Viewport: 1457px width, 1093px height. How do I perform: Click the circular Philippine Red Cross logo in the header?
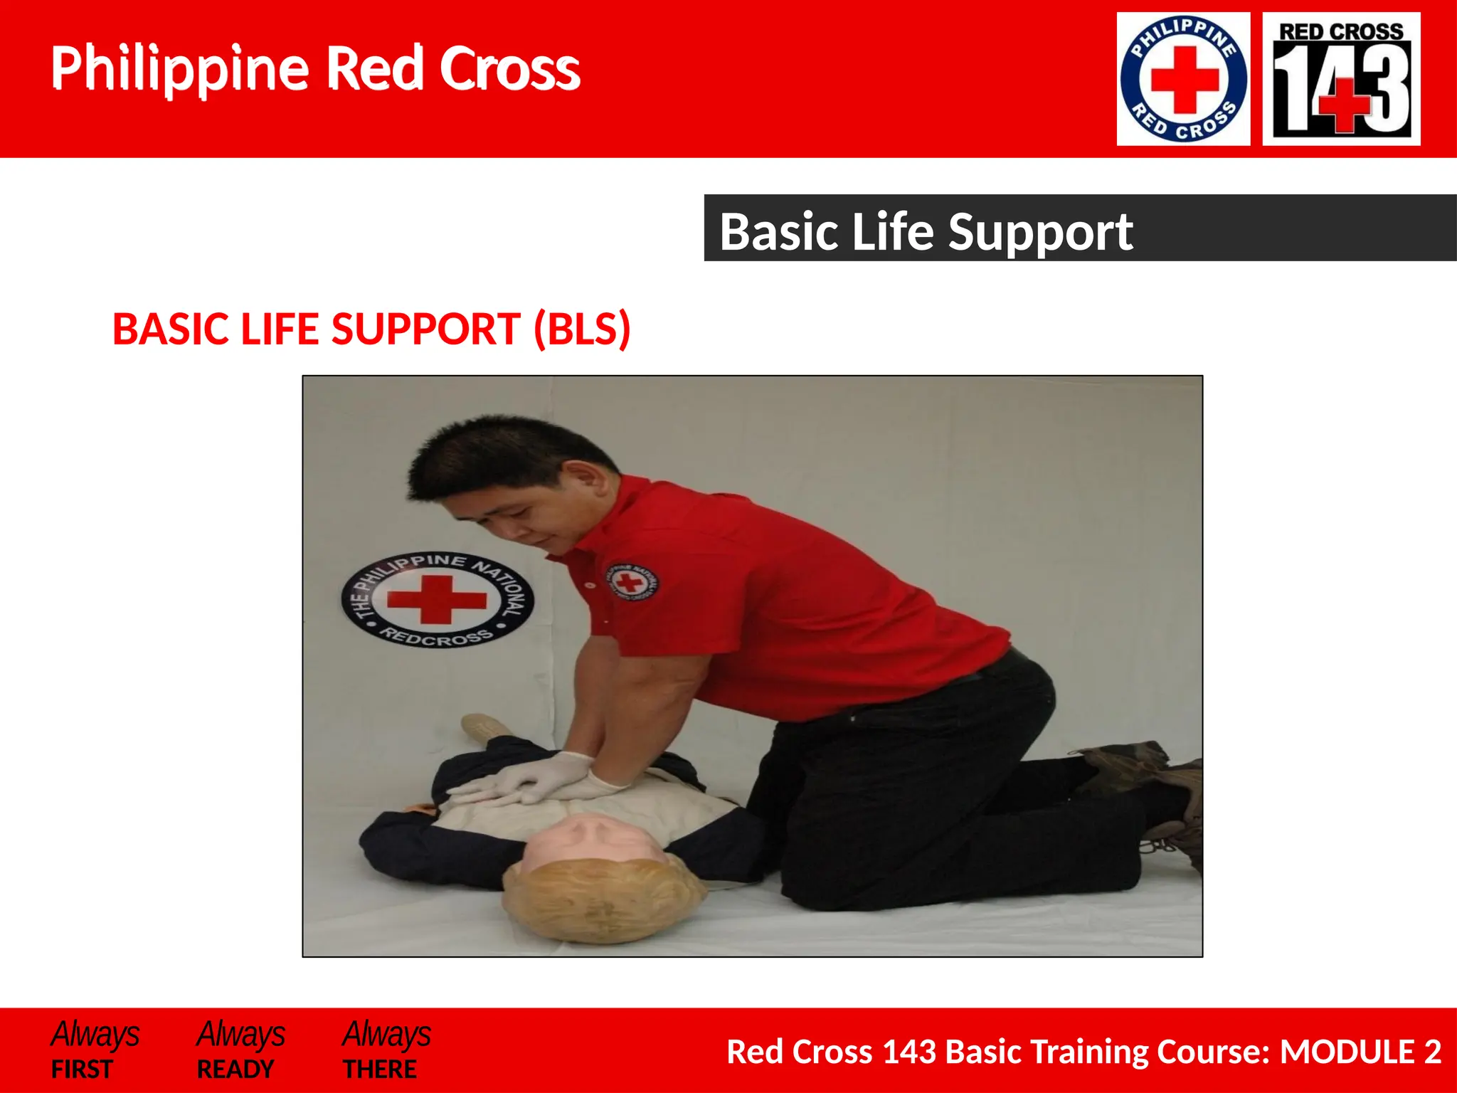1183,79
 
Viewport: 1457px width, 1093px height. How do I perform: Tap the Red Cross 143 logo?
1341,79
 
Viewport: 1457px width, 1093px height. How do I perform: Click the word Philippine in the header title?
179,69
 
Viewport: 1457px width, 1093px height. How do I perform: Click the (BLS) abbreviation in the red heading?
582,329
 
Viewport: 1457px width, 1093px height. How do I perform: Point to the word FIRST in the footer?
82,1069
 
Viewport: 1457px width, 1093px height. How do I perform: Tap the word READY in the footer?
235,1069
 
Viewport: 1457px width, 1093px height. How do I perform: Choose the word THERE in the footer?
380,1069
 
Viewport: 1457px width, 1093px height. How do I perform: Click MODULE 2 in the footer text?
1360,1052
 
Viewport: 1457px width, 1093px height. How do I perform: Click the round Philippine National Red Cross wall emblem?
437,600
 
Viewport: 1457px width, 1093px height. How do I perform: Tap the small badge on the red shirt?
630,581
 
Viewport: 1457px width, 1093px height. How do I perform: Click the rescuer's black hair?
498,455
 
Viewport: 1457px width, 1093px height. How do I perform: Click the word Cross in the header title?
509,69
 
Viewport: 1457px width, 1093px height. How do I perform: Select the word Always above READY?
240,1034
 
